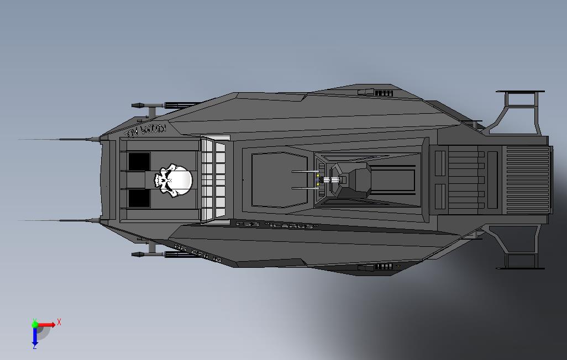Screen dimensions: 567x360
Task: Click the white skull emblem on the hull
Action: (174, 179)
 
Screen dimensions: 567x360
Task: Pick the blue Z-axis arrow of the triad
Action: (34, 336)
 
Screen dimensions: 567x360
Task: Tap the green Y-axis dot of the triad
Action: (34, 324)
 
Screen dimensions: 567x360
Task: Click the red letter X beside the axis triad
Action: (59, 322)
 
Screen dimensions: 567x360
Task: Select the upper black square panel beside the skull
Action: (139, 162)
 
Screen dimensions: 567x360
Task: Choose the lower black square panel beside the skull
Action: (139, 198)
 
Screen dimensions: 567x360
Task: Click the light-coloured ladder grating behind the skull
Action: (214, 180)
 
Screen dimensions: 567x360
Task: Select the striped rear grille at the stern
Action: (528, 180)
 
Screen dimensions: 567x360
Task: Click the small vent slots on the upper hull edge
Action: (384, 93)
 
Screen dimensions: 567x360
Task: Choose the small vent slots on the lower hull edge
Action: (384, 267)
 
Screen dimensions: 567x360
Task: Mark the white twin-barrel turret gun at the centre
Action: (333, 180)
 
